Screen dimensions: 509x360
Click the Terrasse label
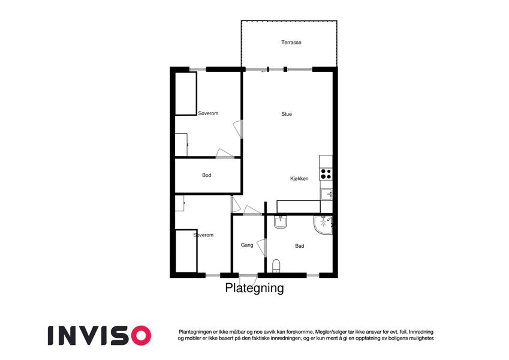pyautogui.click(x=291, y=42)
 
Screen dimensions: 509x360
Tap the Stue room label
pyautogui.click(x=287, y=114)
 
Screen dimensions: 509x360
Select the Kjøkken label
pyautogui.click(x=299, y=179)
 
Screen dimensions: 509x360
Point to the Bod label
pyautogui.click(x=207, y=175)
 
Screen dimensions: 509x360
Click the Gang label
pyautogui.click(x=247, y=245)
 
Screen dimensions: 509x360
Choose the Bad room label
pyautogui.click(x=300, y=246)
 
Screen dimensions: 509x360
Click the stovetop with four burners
pyautogui.click(x=326, y=174)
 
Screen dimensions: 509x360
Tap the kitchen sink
pyautogui.click(x=327, y=194)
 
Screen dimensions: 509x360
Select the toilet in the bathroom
pyautogui.click(x=276, y=266)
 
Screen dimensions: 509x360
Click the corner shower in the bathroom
pyautogui.click(x=323, y=224)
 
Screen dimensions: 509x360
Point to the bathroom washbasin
pyautogui.click(x=280, y=222)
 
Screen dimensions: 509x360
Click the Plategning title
pyautogui.click(x=254, y=288)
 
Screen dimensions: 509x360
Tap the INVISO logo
pyautogui.click(x=100, y=335)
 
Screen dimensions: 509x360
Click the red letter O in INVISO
pyautogui.click(x=141, y=335)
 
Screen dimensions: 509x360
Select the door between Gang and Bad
pyautogui.click(x=262, y=248)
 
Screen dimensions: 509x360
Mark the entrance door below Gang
pyautogui.click(x=248, y=276)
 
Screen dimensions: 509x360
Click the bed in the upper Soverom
pyautogui.click(x=186, y=94)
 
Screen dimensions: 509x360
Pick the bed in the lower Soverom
pyautogui.click(x=186, y=251)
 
